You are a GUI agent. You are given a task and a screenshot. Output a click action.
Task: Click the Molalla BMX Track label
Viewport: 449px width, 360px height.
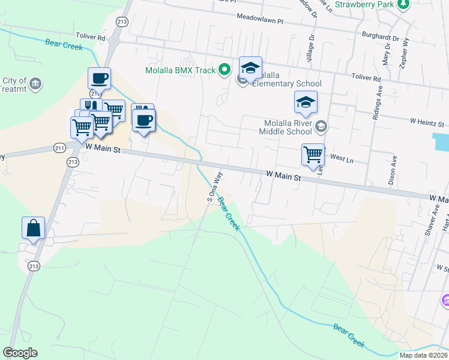(180, 70)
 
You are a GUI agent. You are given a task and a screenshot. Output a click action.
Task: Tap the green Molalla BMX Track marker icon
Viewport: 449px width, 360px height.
(225, 70)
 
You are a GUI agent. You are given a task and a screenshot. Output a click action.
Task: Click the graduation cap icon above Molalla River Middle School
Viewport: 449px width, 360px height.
(306, 102)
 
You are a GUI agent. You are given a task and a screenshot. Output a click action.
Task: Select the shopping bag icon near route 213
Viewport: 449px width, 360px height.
(33, 228)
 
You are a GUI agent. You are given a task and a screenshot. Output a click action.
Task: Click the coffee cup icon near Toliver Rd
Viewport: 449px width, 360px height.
(99, 78)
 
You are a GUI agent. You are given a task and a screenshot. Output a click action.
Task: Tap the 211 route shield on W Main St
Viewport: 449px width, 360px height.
(59, 148)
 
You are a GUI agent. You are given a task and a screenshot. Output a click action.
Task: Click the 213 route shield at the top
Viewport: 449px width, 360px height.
(122, 22)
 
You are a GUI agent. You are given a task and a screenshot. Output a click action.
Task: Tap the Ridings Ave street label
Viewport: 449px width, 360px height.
(378, 106)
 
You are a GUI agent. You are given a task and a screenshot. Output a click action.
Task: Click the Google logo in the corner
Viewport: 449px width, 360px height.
(20, 353)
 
